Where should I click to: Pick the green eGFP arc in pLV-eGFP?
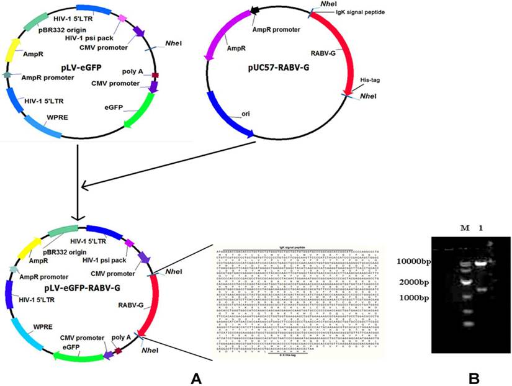click(140, 110)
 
